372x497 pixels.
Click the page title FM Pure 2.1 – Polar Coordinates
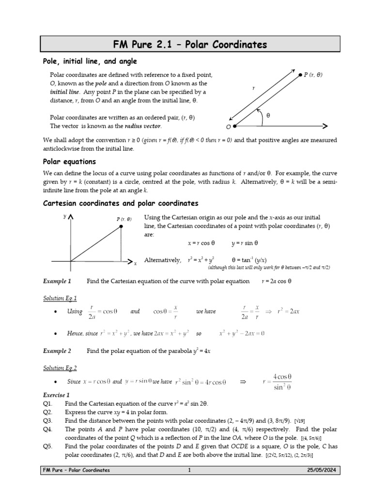coord(189,45)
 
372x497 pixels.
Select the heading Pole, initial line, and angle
coord(90,62)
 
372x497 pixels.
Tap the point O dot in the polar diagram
coord(235,126)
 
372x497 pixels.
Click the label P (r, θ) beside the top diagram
coord(313,75)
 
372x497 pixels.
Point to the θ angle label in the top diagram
coord(268,115)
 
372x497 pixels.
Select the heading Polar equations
coord(69,162)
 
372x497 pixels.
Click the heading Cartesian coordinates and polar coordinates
coord(121,203)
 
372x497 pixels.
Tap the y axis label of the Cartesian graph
coord(64,216)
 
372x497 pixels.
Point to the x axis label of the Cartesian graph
coord(135,263)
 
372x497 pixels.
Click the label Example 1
coord(57,281)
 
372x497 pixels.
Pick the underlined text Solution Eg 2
coord(60,368)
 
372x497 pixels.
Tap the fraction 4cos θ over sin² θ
coord(281,382)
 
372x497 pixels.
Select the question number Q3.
coord(47,421)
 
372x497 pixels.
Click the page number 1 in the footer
coord(190,470)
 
